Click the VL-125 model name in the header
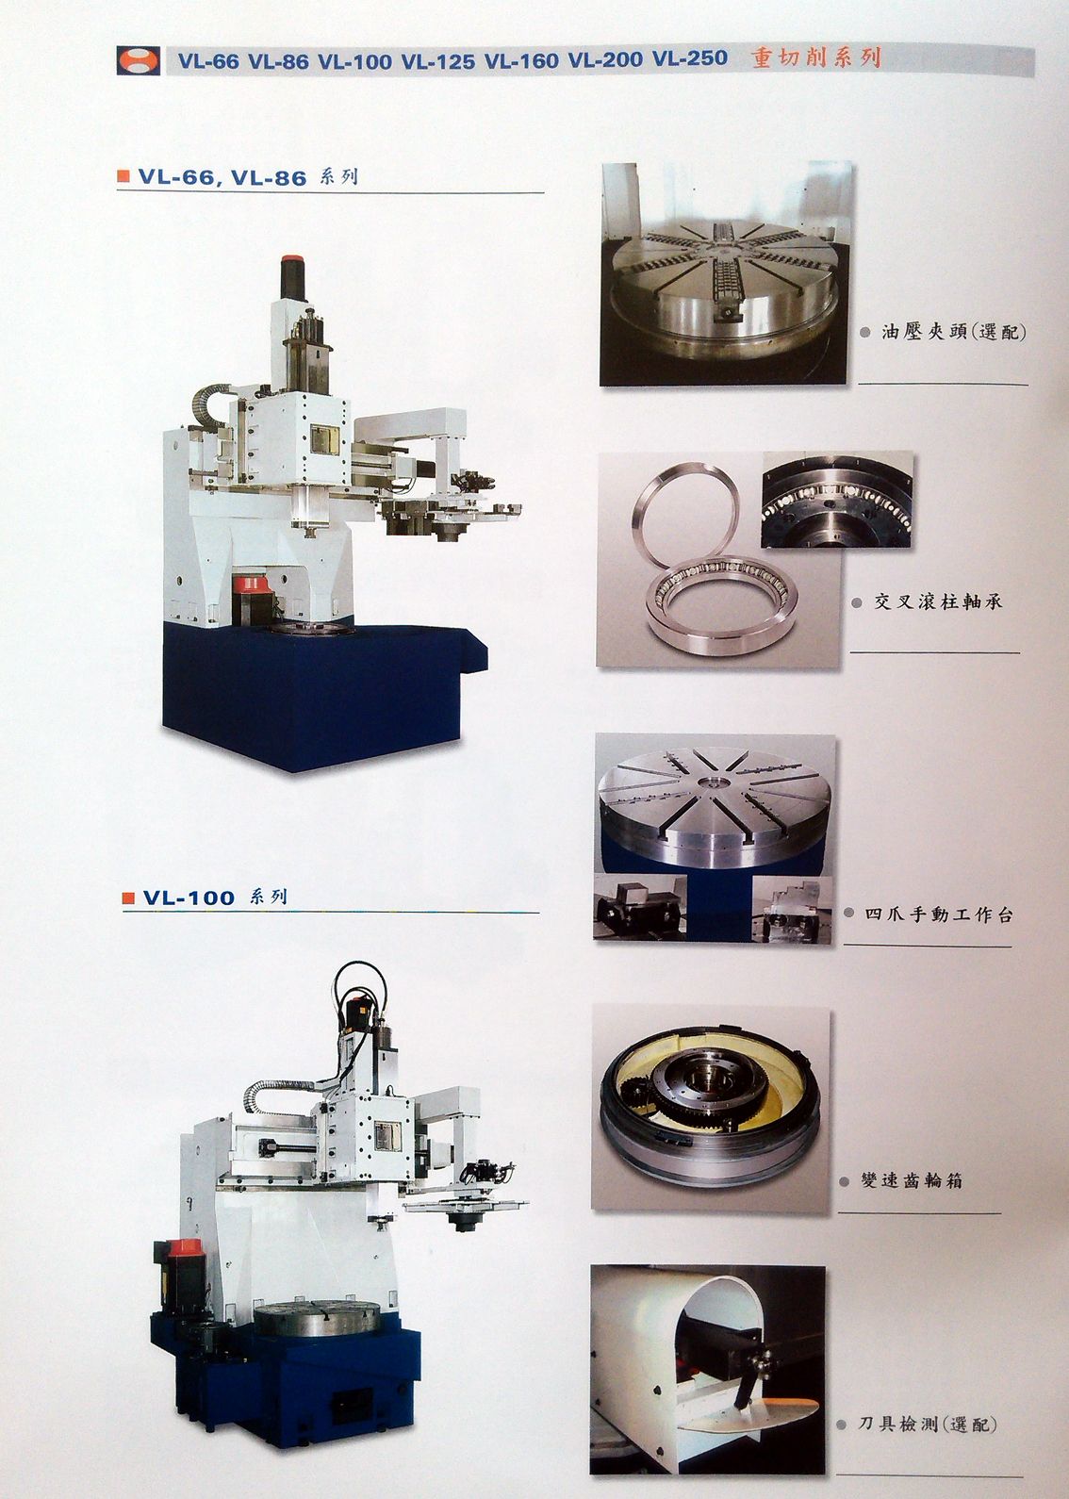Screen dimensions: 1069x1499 (437, 61)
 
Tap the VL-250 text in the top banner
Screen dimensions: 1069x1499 (690, 58)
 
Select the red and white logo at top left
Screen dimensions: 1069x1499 (138, 60)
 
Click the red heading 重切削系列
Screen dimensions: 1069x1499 (816, 58)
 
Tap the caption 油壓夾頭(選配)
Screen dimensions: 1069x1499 (953, 331)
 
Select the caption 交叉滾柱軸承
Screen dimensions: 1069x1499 (937, 601)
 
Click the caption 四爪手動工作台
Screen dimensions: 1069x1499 (939, 914)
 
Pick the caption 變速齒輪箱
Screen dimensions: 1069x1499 (912, 1180)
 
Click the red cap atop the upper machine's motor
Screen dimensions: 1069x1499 (293, 259)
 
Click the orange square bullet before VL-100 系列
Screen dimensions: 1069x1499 (128, 898)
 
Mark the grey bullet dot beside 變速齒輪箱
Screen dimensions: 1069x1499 (845, 1182)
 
